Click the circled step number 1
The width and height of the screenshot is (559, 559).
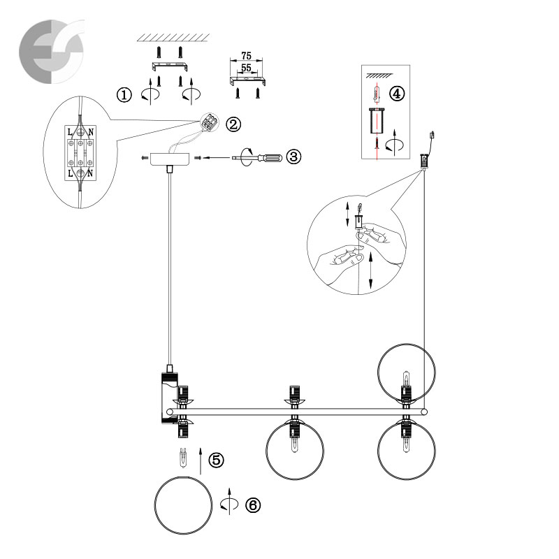124,95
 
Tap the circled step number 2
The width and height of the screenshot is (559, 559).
233,124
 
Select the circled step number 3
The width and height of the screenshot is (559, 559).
293,157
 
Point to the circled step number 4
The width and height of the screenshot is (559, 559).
397,94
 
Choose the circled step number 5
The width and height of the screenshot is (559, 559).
216,460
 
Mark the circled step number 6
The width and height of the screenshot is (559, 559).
253,504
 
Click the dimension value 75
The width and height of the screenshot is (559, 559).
246,56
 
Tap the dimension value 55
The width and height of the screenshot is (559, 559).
246,68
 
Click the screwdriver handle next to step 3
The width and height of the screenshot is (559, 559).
270,157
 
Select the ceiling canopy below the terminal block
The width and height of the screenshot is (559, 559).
170,159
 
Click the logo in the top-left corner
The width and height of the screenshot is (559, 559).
52,51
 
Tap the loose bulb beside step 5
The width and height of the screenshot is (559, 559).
183,458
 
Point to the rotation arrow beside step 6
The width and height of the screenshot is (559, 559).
229,502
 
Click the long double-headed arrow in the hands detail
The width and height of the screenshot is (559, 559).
371,270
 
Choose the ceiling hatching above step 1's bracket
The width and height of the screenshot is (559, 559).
173,38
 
